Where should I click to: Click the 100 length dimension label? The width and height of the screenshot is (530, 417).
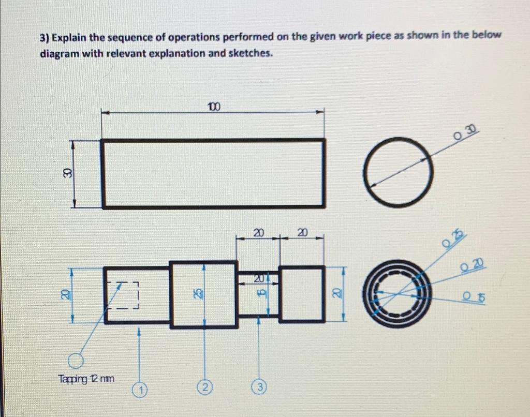(214, 107)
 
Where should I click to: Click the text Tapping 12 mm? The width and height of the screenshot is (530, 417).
(87, 379)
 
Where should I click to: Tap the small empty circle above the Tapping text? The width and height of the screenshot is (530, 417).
(76, 361)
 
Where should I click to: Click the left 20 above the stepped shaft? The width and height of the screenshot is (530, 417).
(258, 233)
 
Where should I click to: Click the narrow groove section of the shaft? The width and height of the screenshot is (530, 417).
(258, 294)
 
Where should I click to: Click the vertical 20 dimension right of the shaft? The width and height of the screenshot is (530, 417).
(335, 294)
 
